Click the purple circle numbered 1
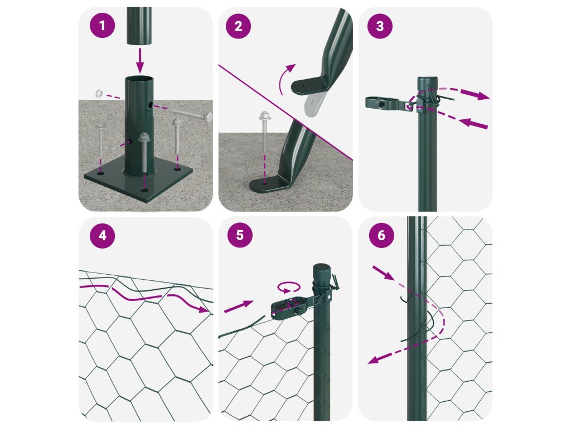click(x=103, y=26)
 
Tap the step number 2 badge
click(x=238, y=26)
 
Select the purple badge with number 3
click(x=380, y=26)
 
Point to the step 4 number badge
click(x=103, y=236)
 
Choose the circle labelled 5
click(x=240, y=235)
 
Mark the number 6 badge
click(x=381, y=235)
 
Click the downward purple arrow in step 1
click(x=140, y=60)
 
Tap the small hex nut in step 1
click(x=99, y=93)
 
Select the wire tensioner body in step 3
click(x=388, y=103)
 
